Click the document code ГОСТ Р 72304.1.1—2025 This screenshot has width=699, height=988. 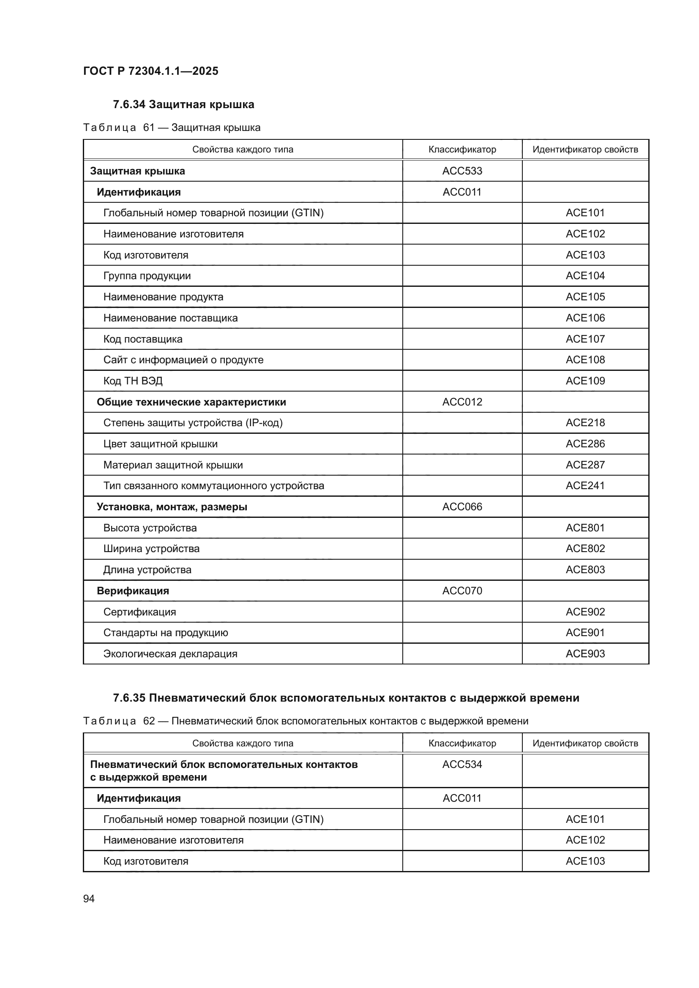(x=150, y=71)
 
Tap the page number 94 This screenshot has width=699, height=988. (x=89, y=898)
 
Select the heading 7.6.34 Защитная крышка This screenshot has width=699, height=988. (x=183, y=105)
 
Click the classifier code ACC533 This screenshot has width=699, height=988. (x=462, y=171)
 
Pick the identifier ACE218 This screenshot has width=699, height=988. (x=585, y=422)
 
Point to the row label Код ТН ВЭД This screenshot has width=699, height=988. (x=133, y=381)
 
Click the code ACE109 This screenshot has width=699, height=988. (x=585, y=381)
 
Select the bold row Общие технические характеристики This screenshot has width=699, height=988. (x=191, y=402)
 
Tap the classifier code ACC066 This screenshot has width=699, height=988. (x=462, y=506)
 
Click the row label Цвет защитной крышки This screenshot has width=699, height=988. (x=160, y=444)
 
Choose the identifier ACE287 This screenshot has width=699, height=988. (x=585, y=465)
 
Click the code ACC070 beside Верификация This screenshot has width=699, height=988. (x=462, y=591)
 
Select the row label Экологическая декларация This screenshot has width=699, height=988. (x=170, y=653)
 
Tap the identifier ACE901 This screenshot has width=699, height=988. (x=585, y=633)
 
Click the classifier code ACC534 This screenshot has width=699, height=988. (x=462, y=764)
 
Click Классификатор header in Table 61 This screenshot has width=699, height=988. (x=462, y=149)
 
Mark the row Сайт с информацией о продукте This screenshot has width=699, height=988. (x=183, y=360)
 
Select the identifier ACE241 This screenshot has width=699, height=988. (x=585, y=485)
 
